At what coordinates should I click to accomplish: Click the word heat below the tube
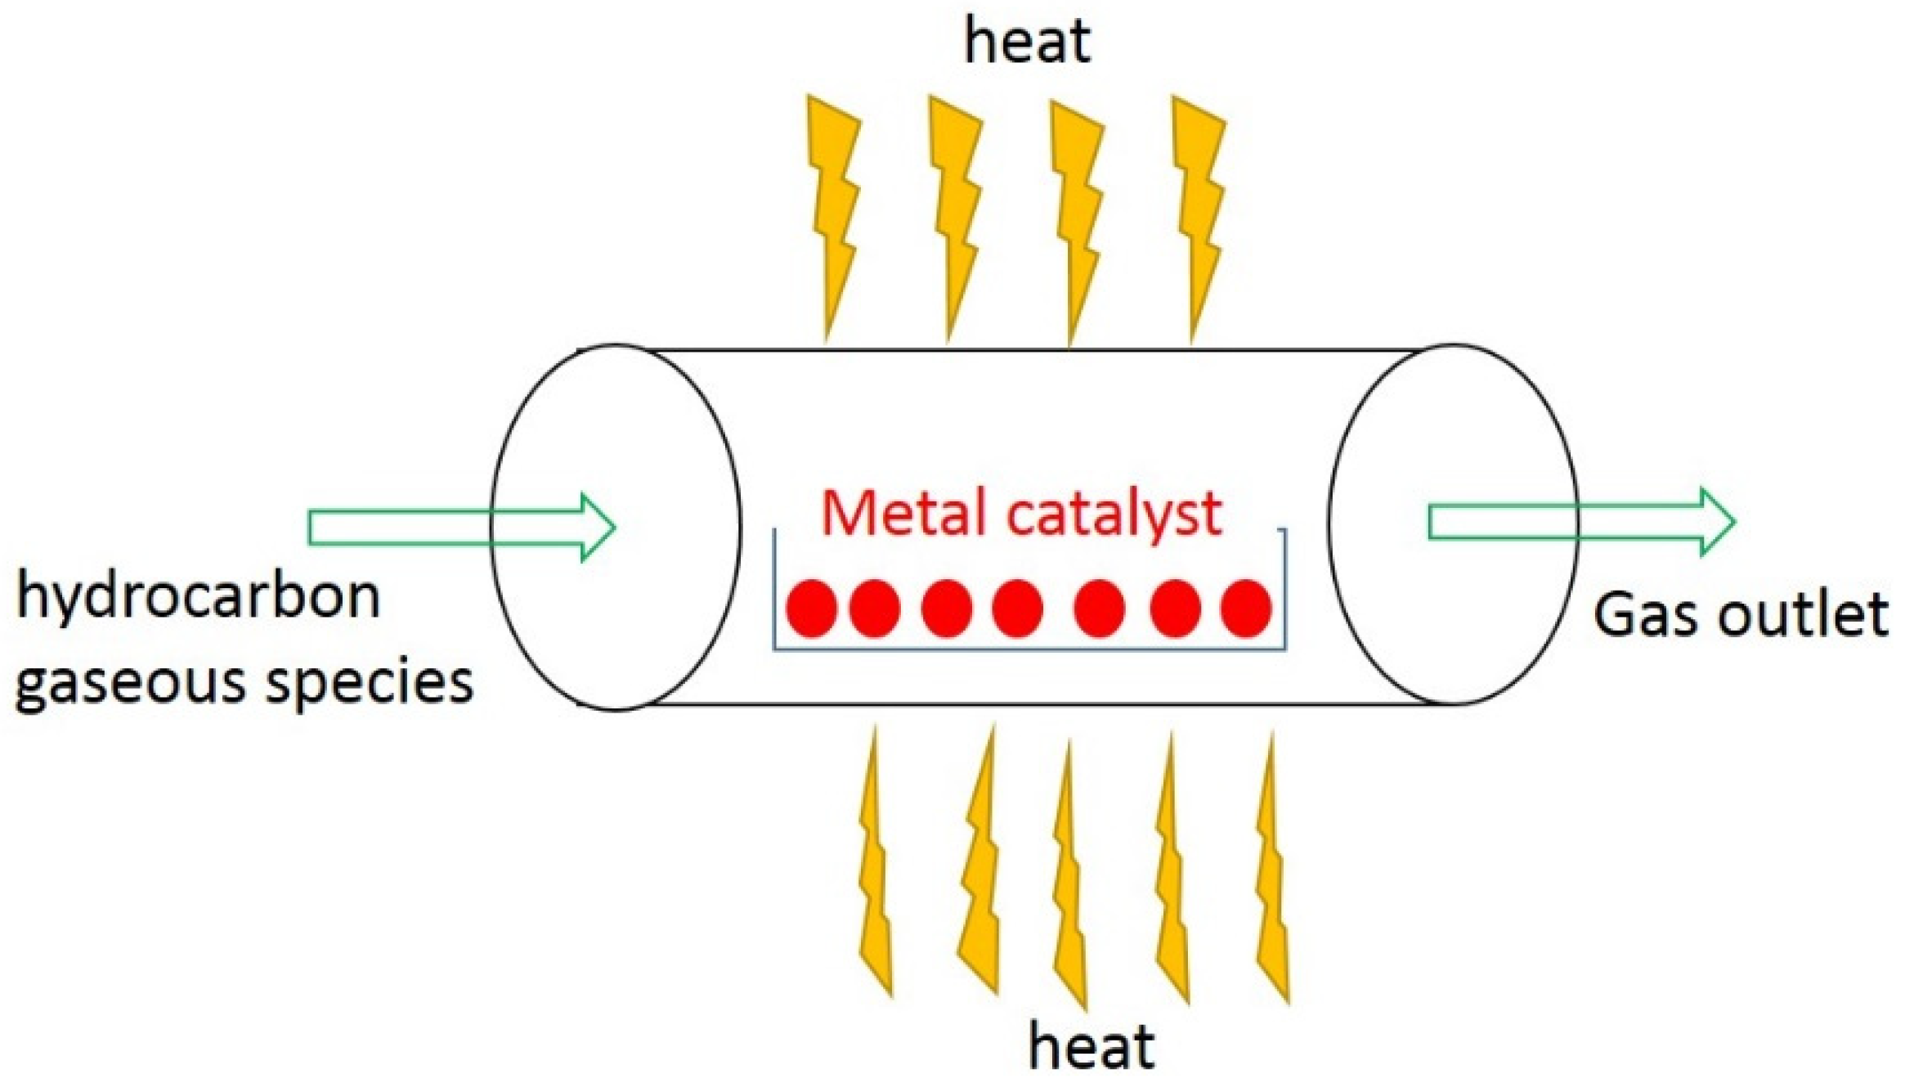(x=1091, y=1045)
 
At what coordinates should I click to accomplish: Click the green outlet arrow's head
(x=1715, y=522)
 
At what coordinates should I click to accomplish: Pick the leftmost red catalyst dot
(x=811, y=608)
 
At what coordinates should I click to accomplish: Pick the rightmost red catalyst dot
(x=1245, y=608)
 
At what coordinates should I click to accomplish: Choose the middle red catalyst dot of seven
(x=1017, y=608)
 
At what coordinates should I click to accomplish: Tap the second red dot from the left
(x=875, y=608)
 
